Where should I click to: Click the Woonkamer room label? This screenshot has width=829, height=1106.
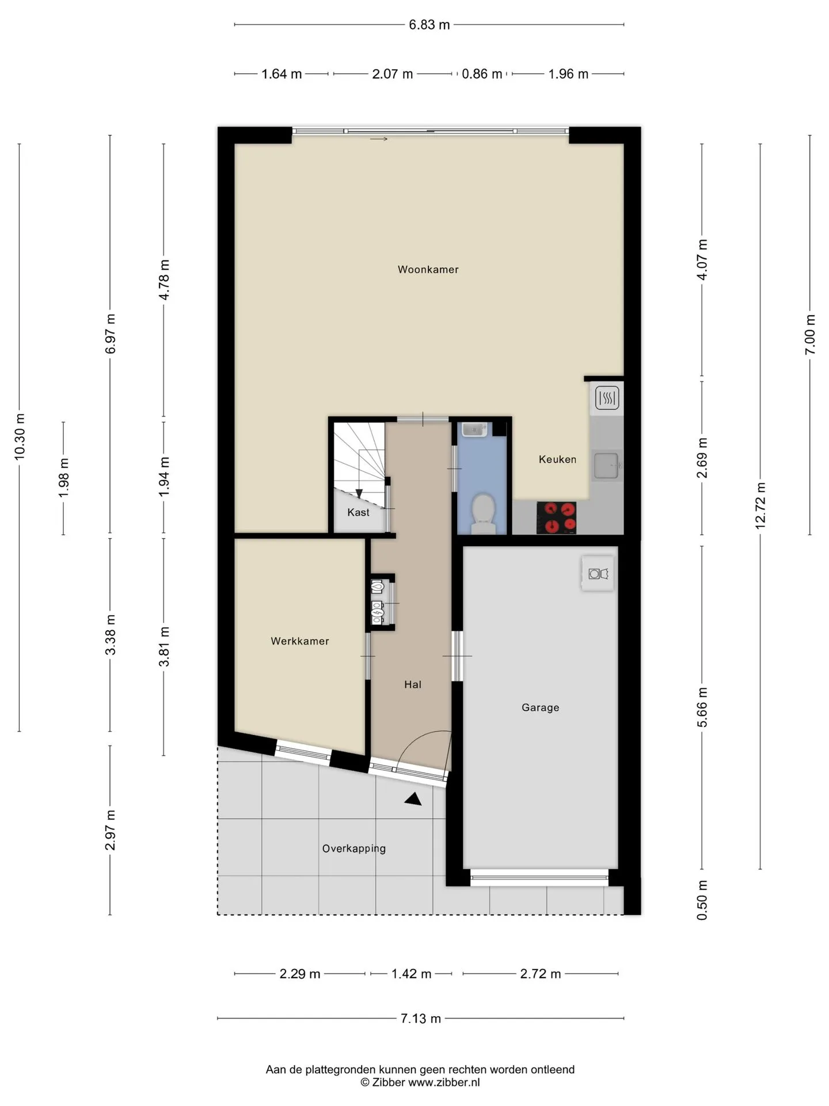pyautogui.click(x=428, y=270)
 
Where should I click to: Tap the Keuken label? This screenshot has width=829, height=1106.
pyautogui.click(x=557, y=459)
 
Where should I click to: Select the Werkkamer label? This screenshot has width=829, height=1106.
pyautogui.click(x=300, y=641)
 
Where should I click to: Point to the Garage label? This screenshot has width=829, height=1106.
pyautogui.click(x=540, y=707)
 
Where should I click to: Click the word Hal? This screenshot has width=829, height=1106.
pyautogui.click(x=413, y=684)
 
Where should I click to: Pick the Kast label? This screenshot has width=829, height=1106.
pyautogui.click(x=358, y=512)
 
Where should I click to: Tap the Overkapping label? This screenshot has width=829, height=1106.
pyautogui.click(x=354, y=849)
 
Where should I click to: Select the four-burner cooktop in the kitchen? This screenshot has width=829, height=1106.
pyautogui.click(x=557, y=517)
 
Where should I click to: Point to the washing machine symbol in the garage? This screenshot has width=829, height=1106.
pyautogui.click(x=598, y=573)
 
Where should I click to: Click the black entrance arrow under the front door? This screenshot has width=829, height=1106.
pyautogui.click(x=413, y=798)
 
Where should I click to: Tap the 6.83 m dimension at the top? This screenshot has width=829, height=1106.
pyautogui.click(x=429, y=25)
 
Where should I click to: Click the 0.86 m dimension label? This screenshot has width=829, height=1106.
pyautogui.click(x=482, y=74)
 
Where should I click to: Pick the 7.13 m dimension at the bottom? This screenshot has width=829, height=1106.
pyautogui.click(x=421, y=1018)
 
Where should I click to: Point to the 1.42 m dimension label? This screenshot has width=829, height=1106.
pyautogui.click(x=411, y=974)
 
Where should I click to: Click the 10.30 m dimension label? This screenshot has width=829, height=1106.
pyautogui.click(x=20, y=437)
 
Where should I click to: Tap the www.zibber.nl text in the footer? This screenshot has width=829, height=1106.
pyautogui.click(x=444, y=1082)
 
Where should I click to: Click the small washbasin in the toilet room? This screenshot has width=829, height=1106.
pyautogui.click(x=475, y=430)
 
